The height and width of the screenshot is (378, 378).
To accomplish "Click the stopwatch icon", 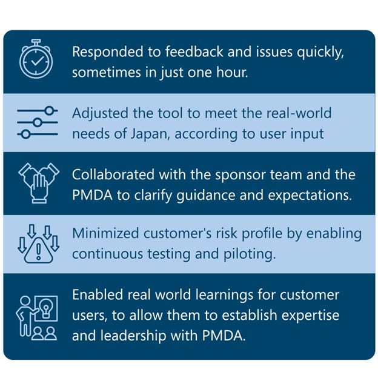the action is click(x=36, y=59).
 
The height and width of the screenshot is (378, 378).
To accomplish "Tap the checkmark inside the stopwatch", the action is click(x=37, y=61).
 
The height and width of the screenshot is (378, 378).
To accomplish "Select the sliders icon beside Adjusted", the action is click(x=38, y=122).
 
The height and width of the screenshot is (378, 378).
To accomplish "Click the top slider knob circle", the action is click(x=50, y=111).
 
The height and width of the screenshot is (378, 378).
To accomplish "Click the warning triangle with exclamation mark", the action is click(x=39, y=250).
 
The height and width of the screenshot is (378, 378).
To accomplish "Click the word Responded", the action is click(x=107, y=52).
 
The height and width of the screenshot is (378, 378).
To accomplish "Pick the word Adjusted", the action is click(x=100, y=114).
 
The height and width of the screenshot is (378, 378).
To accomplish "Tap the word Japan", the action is click(x=149, y=134).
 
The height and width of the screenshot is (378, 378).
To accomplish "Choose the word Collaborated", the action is click(x=113, y=174).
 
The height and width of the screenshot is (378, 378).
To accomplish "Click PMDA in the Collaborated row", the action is click(x=92, y=195).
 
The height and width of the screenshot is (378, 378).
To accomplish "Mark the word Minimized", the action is click(x=105, y=234).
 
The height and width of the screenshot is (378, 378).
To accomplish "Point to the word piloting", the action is click(x=250, y=255).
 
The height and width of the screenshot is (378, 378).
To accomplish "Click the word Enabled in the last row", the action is click(x=98, y=295).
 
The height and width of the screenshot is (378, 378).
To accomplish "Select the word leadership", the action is click(x=133, y=336).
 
